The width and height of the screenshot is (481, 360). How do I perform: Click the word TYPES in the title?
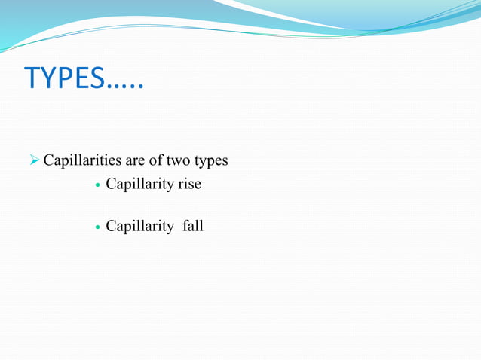[x=66, y=78]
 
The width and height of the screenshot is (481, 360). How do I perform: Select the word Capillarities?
[x=84, y=160]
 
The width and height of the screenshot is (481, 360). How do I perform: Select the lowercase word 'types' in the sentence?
[x=213, y=162]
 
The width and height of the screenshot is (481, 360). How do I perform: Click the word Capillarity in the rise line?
[x=139, y=184]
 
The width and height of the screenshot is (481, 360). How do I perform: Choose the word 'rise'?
[x=188, y=183]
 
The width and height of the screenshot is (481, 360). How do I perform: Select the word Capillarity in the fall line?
[x=139, y=226]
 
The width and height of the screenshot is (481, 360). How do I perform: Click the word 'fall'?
[x=193, y=225]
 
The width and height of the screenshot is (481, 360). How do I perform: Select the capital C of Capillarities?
[x=49, y=160]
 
